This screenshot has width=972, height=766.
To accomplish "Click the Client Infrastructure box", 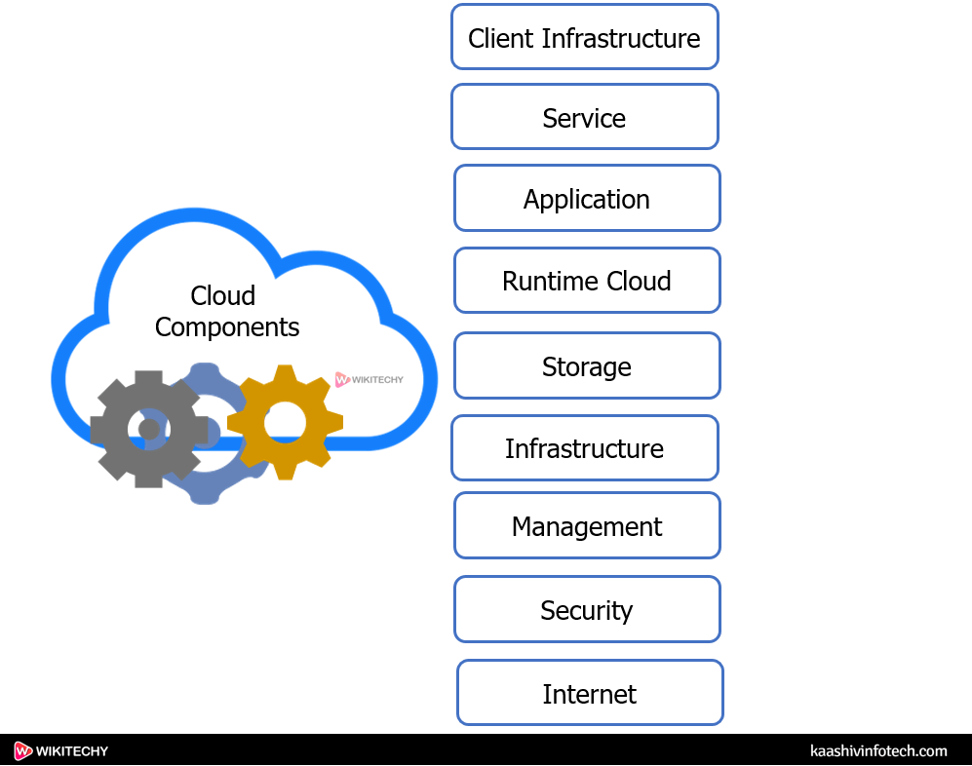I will (584, 37).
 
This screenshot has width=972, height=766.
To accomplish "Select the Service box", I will (584, 117).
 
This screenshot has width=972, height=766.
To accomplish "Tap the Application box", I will (586, 198).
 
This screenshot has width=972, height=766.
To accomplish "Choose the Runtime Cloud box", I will (586, 281).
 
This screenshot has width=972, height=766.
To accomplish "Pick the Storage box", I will (586, 366).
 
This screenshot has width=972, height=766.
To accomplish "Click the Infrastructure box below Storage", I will (584, 448).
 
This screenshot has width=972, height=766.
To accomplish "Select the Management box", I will (586, 526).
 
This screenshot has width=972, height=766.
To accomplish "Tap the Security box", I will (586, 610).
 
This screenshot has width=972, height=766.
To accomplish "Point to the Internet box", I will (589, 693).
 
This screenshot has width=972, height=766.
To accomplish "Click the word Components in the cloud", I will (226, 327).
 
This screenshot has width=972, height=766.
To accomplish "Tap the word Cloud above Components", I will (222, 295).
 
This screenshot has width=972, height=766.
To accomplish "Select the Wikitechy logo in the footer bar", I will (61, 750).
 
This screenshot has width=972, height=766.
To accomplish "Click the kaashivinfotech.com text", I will (877, 750).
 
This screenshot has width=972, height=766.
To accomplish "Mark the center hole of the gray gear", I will (148, 429).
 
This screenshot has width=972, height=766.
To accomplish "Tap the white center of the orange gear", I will (285, 421).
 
